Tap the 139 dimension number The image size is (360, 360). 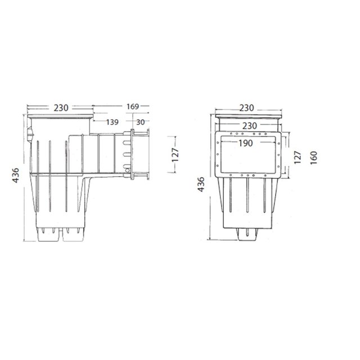(x=112, y=121)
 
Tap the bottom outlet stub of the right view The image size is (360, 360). (x=247, y=233)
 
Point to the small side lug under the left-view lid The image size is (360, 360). (x=31, y=136)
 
